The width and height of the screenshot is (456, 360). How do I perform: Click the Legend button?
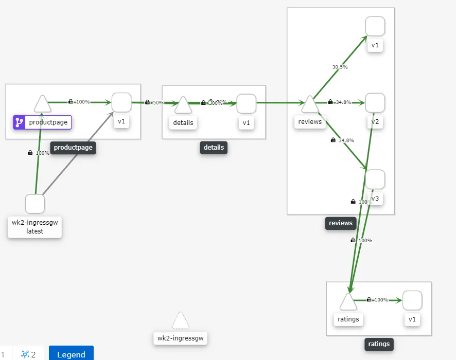coord(71,354)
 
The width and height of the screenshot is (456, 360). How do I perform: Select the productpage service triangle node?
coord(42,104)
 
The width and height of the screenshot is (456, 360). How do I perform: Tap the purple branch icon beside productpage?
coord(20,122)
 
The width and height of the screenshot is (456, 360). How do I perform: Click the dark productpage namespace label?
coord(73,148)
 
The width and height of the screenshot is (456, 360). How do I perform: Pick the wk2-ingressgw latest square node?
coord(34,204)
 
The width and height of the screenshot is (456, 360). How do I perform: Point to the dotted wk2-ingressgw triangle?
coord(180,321)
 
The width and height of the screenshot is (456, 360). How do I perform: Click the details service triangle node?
coord(183,105)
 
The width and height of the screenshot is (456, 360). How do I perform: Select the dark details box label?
coord(214,148)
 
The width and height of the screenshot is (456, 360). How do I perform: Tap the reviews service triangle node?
coord(310,104)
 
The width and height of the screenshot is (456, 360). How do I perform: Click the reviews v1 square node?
coord(375,26)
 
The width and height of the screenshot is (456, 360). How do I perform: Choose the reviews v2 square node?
coord(375,103)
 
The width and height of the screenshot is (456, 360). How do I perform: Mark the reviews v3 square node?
coord(375,179)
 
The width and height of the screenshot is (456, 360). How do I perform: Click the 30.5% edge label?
coord(340,67)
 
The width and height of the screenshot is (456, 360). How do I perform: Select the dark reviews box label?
coord(341,223)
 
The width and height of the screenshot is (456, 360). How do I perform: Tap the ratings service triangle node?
coord(348,302)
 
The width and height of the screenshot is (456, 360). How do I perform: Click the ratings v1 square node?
coord(412,300)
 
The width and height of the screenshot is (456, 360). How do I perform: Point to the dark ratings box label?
coord(379,344)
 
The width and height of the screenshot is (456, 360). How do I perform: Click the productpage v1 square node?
coord(121,102)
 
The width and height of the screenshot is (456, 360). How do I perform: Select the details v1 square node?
coord(247,103)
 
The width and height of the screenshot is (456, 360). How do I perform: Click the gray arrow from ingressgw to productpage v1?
coord(77,154)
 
